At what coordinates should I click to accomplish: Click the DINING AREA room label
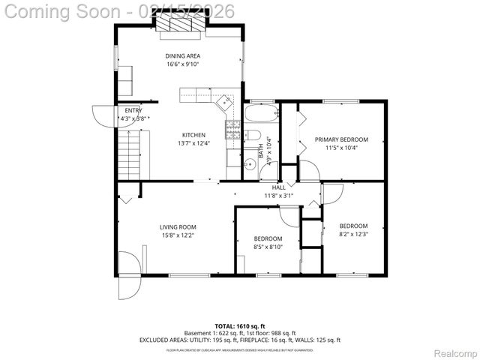(182, 55)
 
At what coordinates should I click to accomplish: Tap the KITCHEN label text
(193, 135)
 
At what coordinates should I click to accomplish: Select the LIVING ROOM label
(177, 226)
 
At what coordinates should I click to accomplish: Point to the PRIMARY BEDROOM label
(341, 139)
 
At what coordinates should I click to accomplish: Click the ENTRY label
(133, 110)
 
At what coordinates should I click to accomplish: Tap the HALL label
(278, 187)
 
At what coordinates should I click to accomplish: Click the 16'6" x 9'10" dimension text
(182, 64)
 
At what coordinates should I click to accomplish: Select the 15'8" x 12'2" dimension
(177, 235)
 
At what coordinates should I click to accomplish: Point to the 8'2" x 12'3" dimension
(353, 234)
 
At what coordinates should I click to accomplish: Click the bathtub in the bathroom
(261, 115)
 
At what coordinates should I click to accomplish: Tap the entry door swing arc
(102, 116)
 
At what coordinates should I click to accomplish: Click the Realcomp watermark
(451, 352)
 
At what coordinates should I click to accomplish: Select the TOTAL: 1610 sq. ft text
(239, 326)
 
